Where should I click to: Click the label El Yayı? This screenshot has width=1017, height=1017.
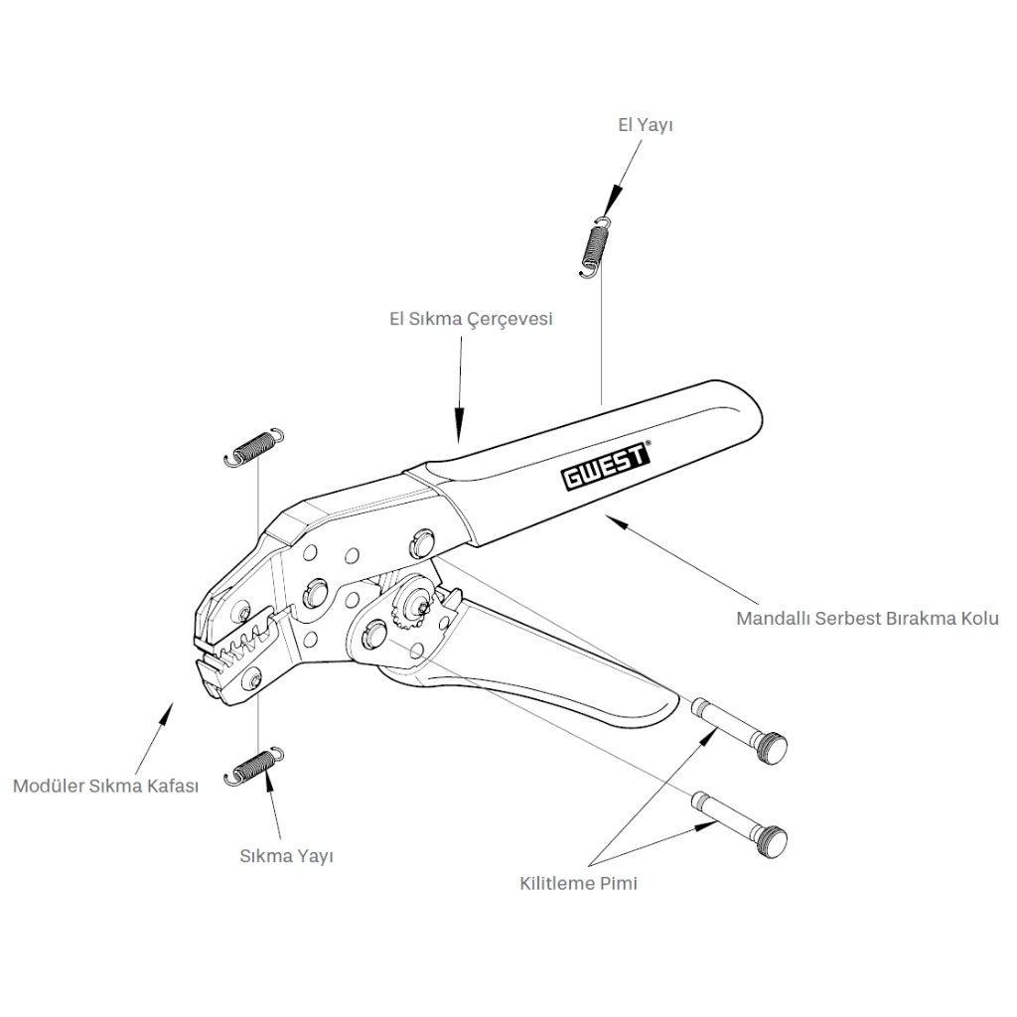pos(647,125)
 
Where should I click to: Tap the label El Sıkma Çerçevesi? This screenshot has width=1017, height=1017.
pos(470,320)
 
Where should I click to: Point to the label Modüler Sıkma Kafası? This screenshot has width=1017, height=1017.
pos(106,786)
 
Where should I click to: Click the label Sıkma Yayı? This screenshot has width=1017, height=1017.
pos(286,855)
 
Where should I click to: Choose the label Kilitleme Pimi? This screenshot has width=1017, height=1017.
pos(578,883)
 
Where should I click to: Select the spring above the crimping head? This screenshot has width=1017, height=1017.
pos(253,446)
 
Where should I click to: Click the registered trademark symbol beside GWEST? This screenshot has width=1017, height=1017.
pos(649,445)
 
